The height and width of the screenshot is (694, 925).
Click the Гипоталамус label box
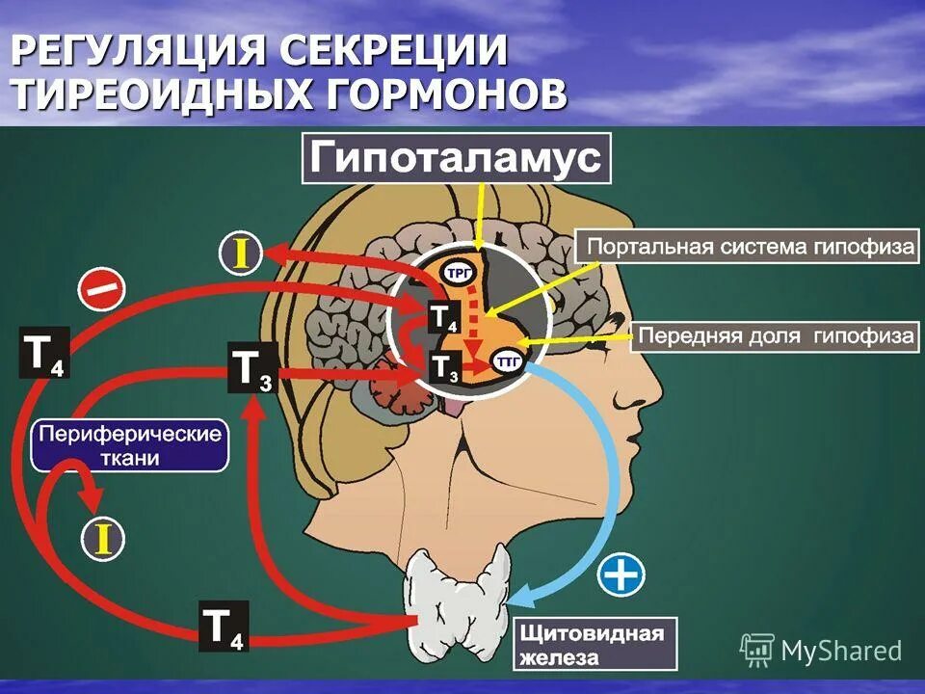pyautogui.click(x=457, y=158)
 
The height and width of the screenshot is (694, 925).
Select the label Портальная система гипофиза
pyautogui.click(x=747, y=247)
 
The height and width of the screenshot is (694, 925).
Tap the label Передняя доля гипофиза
pyautogui.click(x=777, y=337)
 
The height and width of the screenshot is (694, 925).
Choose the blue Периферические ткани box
pyautogui.click(x=130, y=445)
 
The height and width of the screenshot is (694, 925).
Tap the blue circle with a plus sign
pyautogui.click(x=621, y=575)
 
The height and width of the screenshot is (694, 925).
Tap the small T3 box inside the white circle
pyautogui.click(x=443, y=366)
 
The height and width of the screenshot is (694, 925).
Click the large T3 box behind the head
pyautogui.click(x=252, y=367)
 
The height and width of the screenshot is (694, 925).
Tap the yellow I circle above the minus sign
pyautogui.click(x=241, y=253)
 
